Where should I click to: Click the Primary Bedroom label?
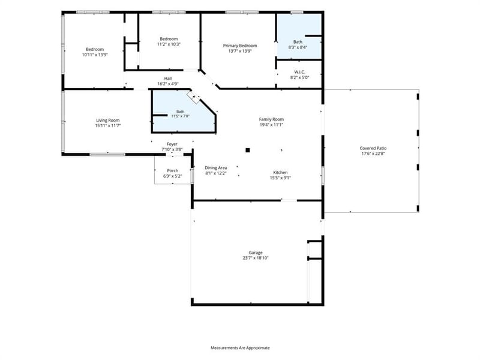tap(239, 46)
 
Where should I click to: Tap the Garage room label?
tap(256, 253)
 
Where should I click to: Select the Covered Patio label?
tap(373, 148)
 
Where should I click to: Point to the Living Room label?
tap(108, 121)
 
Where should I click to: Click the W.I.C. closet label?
tap(299, 72)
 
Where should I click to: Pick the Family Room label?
tap(271, 119)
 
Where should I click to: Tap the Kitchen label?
tap(280, 172)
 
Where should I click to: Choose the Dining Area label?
tap(216, 168)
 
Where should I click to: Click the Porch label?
tap(172, 170)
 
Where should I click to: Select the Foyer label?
tap(172, 144)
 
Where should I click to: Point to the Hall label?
tap(168, 79)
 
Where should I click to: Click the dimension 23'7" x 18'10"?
tap(256, 258)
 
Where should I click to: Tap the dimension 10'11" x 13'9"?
tap(95, 55)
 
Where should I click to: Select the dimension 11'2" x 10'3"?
tap(169, 44)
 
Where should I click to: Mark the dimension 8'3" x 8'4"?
tap(298, 47)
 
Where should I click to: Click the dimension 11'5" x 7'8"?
tap(181, 116)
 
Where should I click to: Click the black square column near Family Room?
tap(248, 150)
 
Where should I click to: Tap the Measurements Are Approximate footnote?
tap(240, 348)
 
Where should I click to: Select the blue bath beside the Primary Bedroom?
tap(299, 36)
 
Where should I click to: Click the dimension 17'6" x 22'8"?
tap(373, 154)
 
